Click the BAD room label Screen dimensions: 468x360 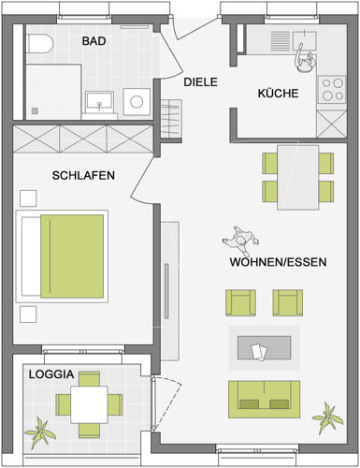94,41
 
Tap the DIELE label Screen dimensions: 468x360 200,82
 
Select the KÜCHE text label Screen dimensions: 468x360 279,94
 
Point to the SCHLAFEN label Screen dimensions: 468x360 83,175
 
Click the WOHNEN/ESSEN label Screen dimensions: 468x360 278,263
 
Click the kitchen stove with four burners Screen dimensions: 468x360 332,88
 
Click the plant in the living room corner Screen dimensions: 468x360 327,415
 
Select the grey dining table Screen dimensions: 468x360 298,177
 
